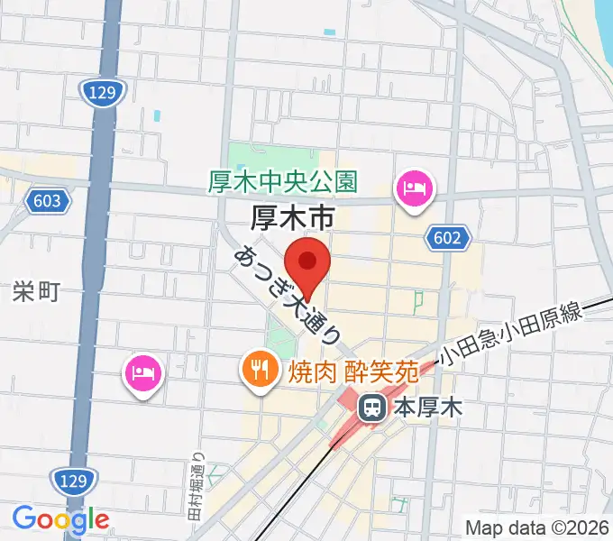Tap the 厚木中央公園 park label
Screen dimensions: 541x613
point(282,182)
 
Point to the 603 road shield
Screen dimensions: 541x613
point(45,199)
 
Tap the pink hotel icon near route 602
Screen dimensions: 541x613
point(414,189)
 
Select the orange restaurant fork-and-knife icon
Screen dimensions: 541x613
point(260,369)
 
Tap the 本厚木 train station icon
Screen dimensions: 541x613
point(371,408)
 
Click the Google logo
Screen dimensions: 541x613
point(60,519)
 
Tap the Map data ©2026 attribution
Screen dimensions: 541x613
point(535,528)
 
